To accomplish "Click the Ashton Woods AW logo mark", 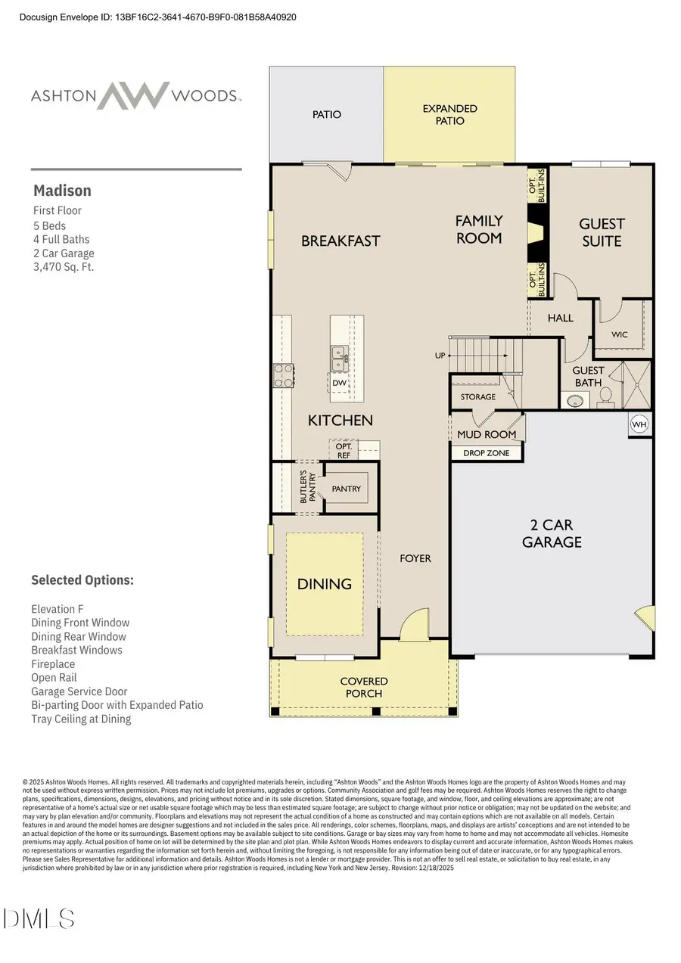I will click(x=135, y=96).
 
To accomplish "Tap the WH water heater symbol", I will click(x=639, y=425).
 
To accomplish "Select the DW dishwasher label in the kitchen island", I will click(x=340, y=384).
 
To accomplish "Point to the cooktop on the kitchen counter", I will click(x=283, y=375).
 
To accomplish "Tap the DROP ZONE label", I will click(x=487, y=453).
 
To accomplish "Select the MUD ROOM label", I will click(x=487, y=434).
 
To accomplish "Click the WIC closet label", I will click(x=620, y=334).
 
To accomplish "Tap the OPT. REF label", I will click(x=344, y=451).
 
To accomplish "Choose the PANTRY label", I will click(x=347, y=489).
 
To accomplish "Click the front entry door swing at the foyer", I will click(x=413, y=625).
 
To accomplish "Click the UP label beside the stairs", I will click(x=440, y=355).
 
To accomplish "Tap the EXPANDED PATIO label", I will click(x=449, y=114).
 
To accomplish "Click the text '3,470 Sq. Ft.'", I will click(x=64, y=267).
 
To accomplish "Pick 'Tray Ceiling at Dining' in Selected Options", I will click(x=81, y=719).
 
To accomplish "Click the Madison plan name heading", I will click(x=62, y=191).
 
